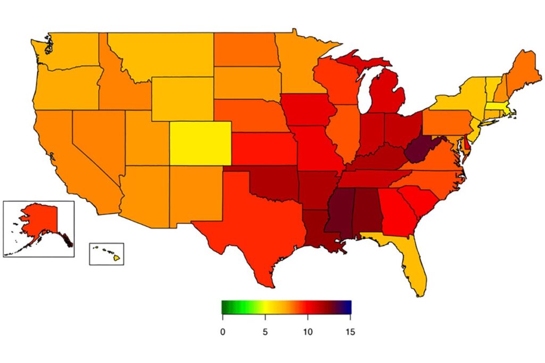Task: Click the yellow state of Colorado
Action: [201, 144]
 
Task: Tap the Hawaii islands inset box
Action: [106, 254]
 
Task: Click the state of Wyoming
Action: [183, 99]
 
